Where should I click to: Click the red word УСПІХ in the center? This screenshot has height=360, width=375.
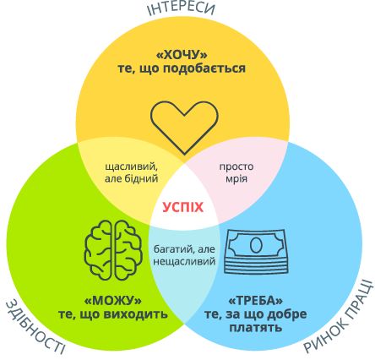(x=182, y=207)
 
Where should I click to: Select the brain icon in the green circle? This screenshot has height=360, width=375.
(x=113, y=250)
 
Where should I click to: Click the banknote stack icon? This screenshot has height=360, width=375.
(x=256, y=251)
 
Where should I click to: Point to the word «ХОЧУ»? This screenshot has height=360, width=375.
(x=182, y=55)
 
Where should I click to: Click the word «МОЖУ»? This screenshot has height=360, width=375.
(x=113, y=301)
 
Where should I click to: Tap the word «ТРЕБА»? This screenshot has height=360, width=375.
(x=256, y=301)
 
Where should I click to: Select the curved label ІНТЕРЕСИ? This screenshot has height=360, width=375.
(x=181, y=8)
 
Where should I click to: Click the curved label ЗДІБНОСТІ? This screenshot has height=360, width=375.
(x=35, y=327)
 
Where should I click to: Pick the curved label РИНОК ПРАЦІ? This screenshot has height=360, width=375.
(x=339, y=316)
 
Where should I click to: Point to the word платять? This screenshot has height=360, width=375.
(x=255, y=328)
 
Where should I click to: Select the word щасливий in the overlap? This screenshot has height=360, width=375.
(x=132, y=166)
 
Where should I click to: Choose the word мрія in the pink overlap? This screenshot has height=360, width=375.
(x=236, y=179)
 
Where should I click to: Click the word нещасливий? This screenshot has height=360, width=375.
(x=184, y=261)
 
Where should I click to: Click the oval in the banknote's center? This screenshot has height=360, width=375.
(x=256, y=244)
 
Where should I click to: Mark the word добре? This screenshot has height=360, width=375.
(x=287, y=314)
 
